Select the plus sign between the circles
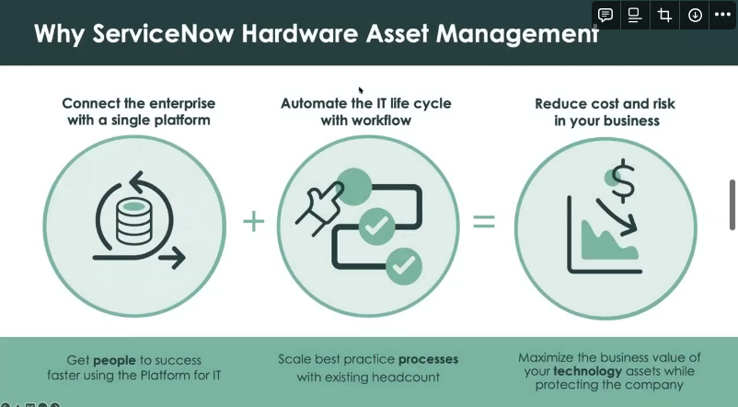coord(253,222)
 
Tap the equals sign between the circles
coord(483,222)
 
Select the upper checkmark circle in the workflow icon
coord(374,225)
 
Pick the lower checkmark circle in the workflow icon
coord(401,266)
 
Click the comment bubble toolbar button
coord(605,15)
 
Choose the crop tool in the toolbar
coord(664,15)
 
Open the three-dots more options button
coord(722,15)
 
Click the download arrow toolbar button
coord(694,15)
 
